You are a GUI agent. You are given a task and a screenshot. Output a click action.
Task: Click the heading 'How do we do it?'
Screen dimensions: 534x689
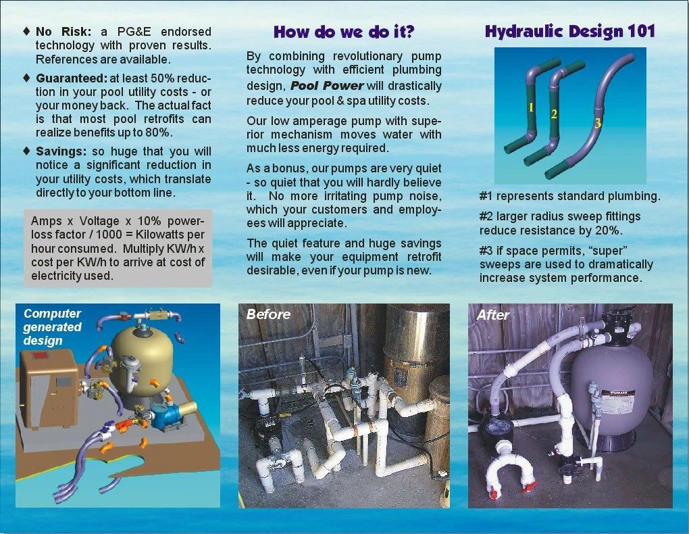coord(344,32)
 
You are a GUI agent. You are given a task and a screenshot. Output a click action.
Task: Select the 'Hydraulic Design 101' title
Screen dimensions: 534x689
coord(569,31)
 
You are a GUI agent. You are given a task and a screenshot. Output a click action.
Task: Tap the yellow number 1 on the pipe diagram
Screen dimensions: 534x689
coord(532,107)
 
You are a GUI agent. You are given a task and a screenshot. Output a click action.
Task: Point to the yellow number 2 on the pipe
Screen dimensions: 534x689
coord(554,114)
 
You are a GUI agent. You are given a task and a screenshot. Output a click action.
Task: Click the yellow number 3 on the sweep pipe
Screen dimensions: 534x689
coord(597,123)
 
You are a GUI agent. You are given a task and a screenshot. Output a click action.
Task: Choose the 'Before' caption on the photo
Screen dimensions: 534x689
coord(268,314)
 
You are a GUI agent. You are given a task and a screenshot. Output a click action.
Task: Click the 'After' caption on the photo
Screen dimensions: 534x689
coord(493,315)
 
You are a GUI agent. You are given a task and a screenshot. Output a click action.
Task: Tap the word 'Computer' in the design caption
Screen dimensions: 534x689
coord(52,314)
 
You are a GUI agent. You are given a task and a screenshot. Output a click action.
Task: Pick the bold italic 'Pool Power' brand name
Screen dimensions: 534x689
coord(327,86)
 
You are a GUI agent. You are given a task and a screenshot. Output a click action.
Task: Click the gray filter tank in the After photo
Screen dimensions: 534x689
coord(612,392)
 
